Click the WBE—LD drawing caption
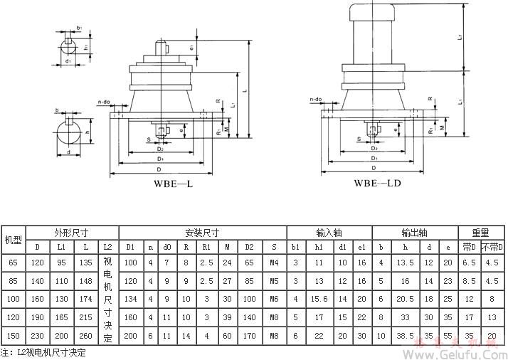[x=377, y=183]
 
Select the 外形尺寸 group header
[x=71, y=232]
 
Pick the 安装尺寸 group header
[x=202, y=232]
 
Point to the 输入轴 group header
[x=328, y=232]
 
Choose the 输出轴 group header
[x=413, y=232]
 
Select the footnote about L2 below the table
[x=43, y=352]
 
